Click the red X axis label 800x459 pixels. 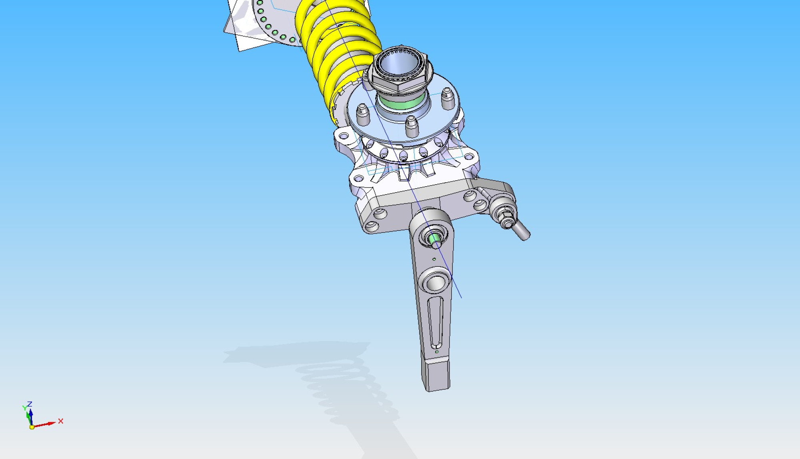tap(61, 421)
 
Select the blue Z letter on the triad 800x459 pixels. tap(30, 404)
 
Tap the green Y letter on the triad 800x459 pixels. tap(25, 408)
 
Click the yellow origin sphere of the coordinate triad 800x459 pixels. tap(32, 427)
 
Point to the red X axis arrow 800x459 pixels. tap(44, 424)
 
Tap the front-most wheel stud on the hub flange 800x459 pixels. tap(412, 126)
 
